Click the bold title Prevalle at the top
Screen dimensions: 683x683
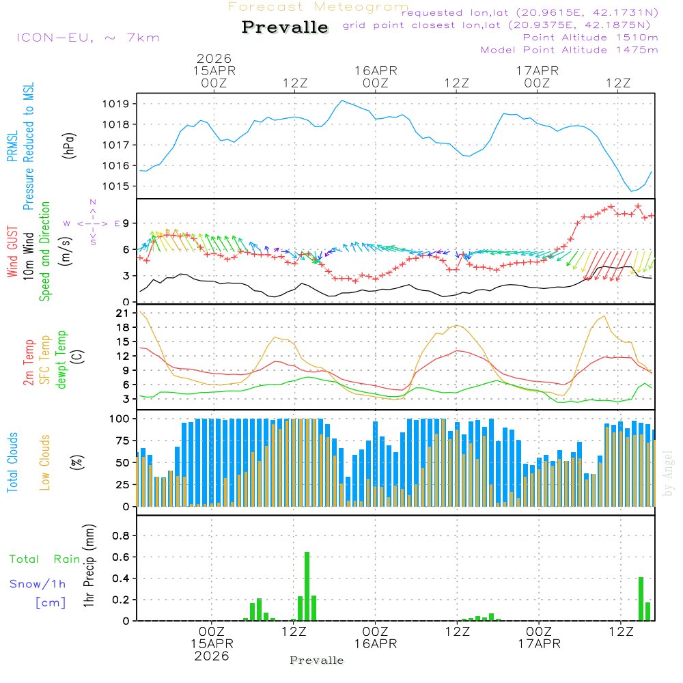[285, 27]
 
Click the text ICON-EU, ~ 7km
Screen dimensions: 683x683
[87, 38]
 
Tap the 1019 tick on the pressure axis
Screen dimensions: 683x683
[116, 104]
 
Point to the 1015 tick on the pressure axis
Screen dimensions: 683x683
[116, 186]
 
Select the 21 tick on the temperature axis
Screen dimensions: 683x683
[123, 313]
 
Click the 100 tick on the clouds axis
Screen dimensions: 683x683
[120, 418]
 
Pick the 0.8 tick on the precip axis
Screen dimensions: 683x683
[120, 535]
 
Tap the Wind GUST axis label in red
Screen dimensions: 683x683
[12, 253]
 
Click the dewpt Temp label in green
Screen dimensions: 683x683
[61, 360]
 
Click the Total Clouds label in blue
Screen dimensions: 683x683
[12, 462]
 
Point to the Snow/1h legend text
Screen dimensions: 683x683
[38, 584]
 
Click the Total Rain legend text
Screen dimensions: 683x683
[44, 559]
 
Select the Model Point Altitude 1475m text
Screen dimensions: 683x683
[569, 49]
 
